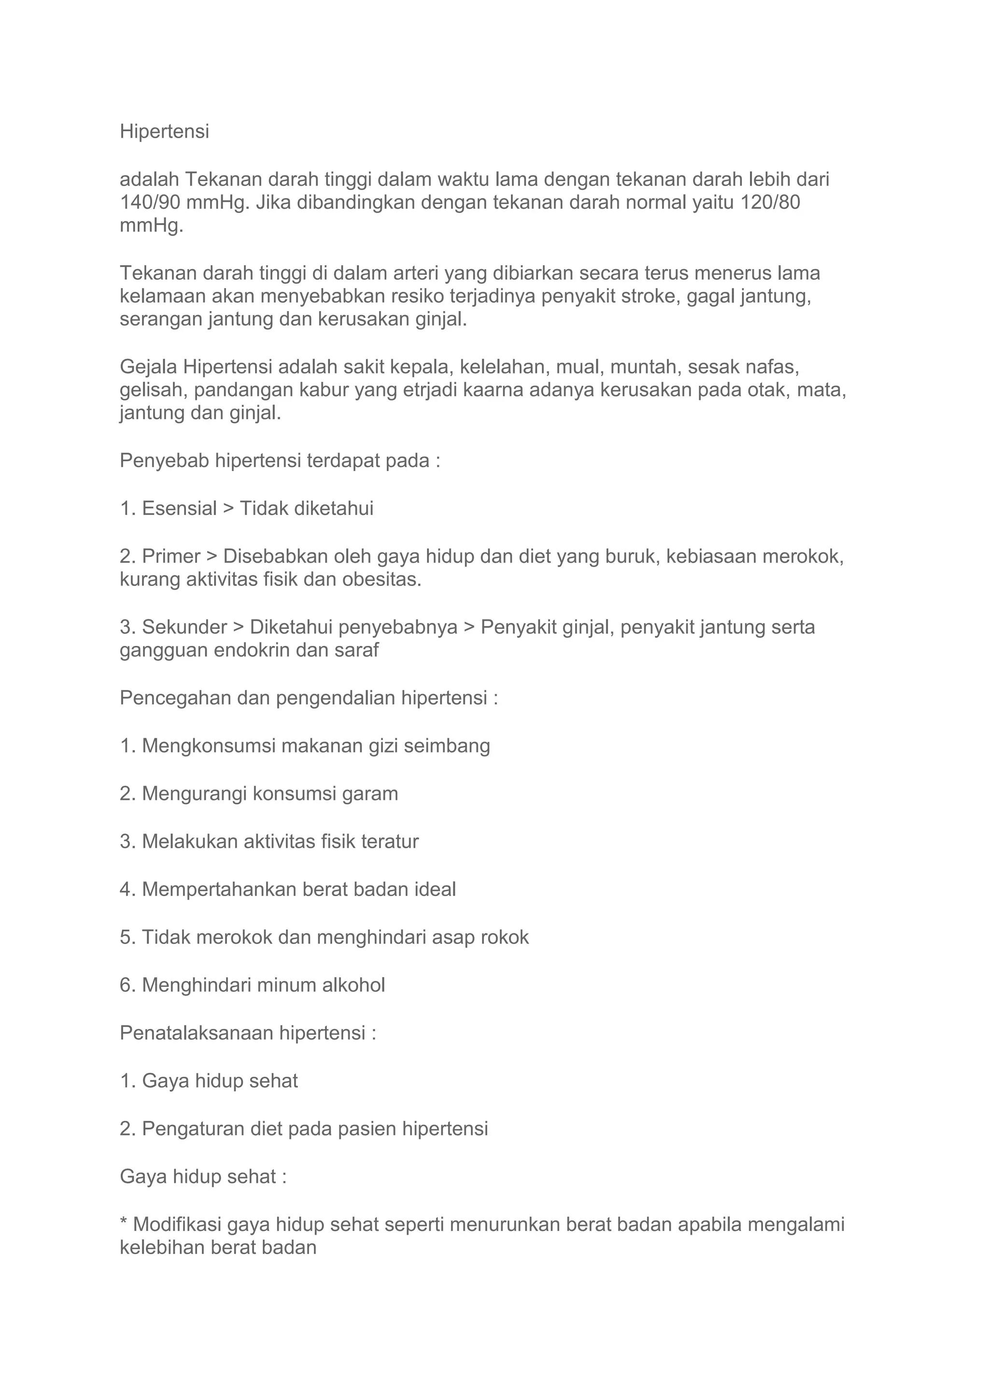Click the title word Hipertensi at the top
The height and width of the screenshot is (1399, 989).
164,131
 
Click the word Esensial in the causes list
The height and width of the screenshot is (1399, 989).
179,509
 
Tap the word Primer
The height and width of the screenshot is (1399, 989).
171,557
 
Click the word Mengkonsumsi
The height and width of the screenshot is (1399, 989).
209,746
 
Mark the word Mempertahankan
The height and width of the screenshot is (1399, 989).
219,890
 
